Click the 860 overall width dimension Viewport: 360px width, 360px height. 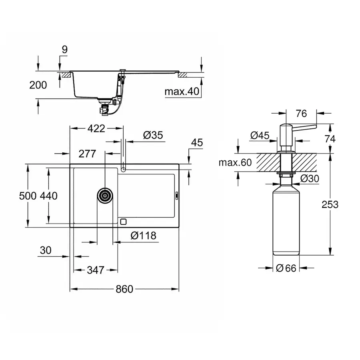click(124, 289)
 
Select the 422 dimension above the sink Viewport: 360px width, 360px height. click(96, 129)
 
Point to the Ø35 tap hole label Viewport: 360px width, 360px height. click(152, 136)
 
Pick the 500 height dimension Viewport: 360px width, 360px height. click(28, 196)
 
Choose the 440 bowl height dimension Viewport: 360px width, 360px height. click(49, 196)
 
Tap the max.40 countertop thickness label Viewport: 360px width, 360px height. click(182, 92)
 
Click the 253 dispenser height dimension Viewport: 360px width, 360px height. click(330, 204)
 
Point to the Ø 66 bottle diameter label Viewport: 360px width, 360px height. click(286, 268)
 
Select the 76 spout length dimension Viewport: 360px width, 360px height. click(302, 114)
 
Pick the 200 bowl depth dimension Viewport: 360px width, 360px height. click(38, 85)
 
